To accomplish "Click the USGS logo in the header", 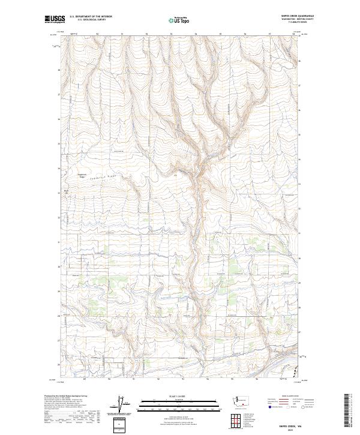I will click(x=55, y=19).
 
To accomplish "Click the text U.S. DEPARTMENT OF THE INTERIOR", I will click(x=91, y=17).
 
